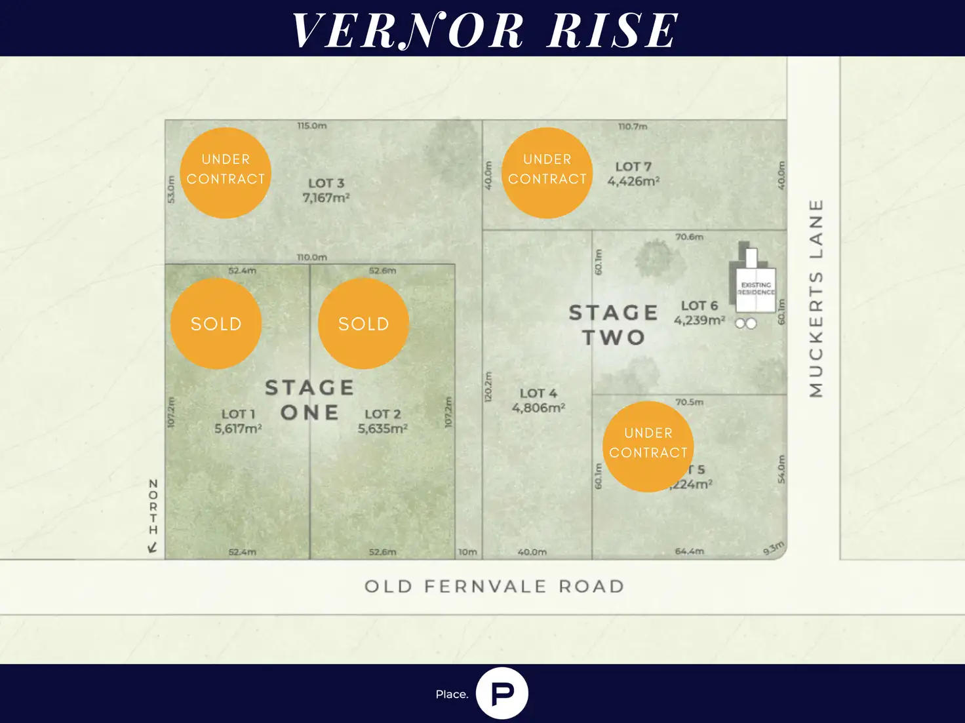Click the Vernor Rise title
coord(485,30)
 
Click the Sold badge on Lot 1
coord(216,323)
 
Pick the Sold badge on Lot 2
coord(363,323)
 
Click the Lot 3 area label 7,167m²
coord(326,197)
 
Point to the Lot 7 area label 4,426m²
coord(633,181)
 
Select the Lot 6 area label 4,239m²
coord(699,320)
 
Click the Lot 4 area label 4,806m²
coord(538,408)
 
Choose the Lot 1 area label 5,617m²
coord(238,429)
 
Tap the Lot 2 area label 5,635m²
coord(383,429)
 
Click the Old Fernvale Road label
coord(494,586)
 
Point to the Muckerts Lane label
coord(816,298)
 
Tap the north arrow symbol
coord(153,547)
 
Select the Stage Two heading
coord(614,325)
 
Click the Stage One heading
coord(309,400)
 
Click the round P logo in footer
coord(502,694)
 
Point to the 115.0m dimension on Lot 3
coord(312,125)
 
